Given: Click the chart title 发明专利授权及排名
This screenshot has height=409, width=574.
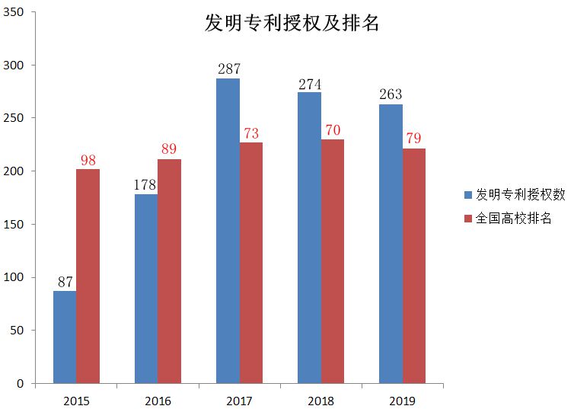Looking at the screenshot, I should point(292,23).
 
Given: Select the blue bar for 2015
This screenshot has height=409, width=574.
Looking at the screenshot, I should point(65,337).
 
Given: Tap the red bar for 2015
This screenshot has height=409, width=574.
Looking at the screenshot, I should point(88,276).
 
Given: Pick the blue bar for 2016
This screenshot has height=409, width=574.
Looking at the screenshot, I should point(146,289).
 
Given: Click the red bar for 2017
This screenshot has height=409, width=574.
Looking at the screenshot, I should point(250,263).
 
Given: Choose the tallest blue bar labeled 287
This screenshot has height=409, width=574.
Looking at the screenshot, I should point(228,231).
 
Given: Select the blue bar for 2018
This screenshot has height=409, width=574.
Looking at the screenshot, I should point(309,238).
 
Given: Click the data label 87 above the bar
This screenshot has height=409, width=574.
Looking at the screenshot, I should point(65,282).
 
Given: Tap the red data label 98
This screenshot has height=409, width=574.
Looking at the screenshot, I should point(88,160).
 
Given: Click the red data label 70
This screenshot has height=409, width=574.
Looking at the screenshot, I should point(333,130).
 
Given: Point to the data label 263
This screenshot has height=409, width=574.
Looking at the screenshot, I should point(390,95).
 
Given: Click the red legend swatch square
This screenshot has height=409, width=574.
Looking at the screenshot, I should point(469,219).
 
